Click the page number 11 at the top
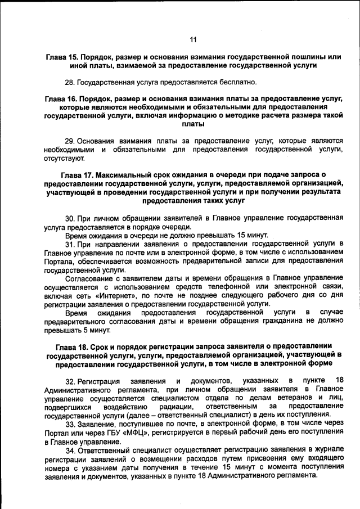[193, 39]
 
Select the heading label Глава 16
[61, 98]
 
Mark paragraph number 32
[71, 381]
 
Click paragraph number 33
[70, 424]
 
